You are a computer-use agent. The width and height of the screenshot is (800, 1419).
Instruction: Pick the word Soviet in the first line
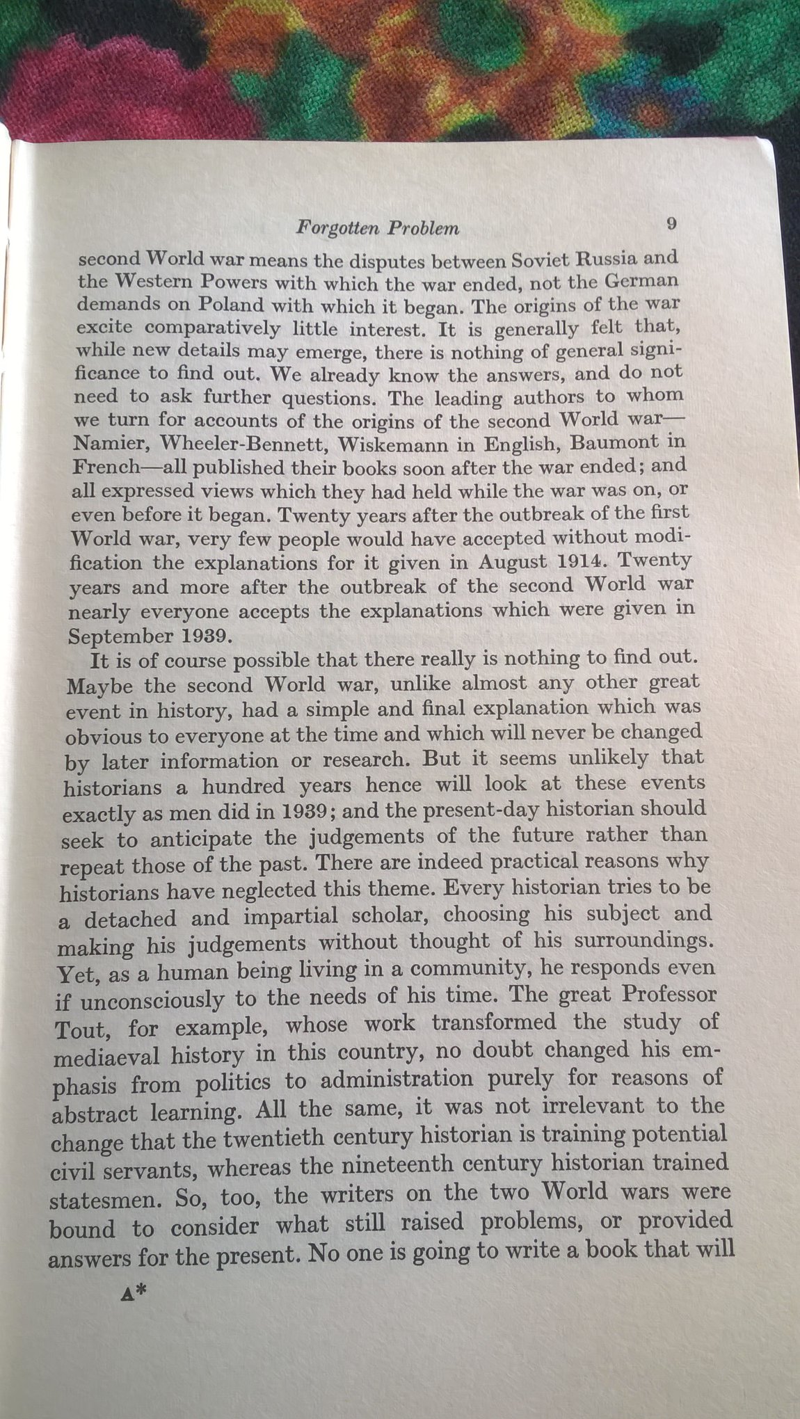(547, 259)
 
